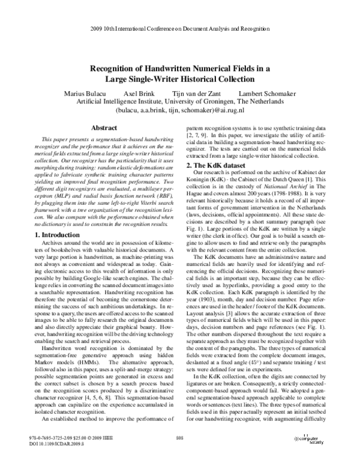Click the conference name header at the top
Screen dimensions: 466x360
click(x=180, y=29)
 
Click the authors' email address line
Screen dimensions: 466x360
click(x=180, y=111)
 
